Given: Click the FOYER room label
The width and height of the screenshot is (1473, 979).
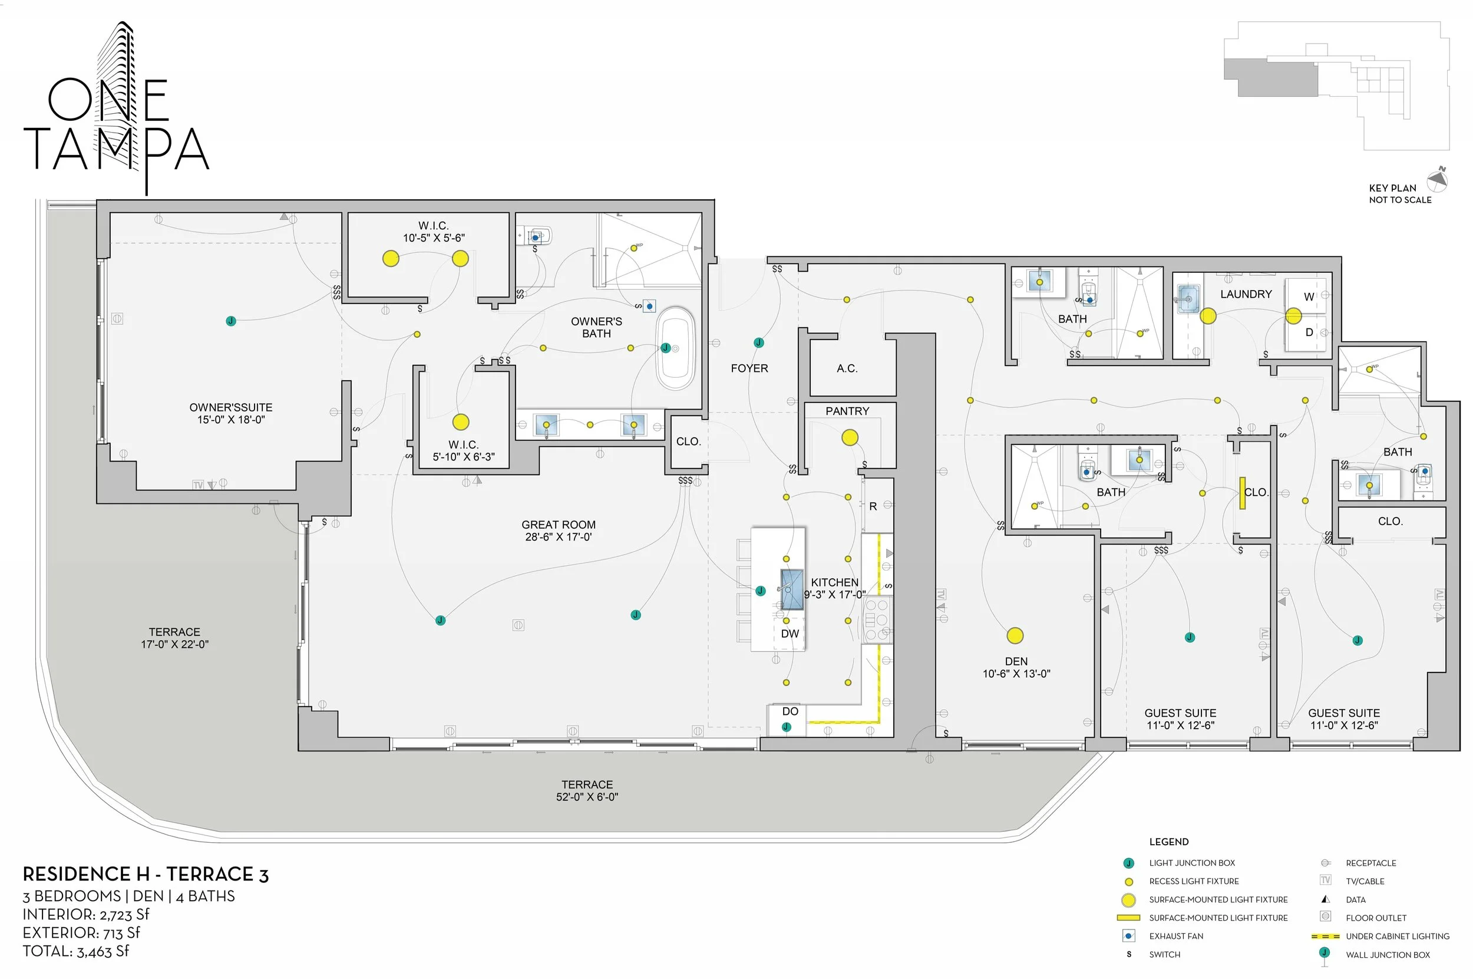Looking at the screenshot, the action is [x=749, y=368].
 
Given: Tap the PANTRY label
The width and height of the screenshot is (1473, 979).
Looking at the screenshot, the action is [x=847, y=411].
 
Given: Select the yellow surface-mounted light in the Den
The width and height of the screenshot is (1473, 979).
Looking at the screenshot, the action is [x=1015, y=635].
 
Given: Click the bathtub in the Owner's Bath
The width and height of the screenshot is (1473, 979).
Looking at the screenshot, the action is [x=675, y=348].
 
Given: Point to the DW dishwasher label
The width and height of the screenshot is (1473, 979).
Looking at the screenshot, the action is [x=790, y=633].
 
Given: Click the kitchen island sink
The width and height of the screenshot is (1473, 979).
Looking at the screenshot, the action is [x=791, y=589].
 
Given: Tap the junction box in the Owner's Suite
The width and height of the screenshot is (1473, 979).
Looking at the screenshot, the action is [x=231, y=321].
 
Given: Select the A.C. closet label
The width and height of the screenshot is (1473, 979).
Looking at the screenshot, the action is [x=847, y=368].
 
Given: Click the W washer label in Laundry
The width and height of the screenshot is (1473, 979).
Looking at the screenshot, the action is [x=1309, y=296].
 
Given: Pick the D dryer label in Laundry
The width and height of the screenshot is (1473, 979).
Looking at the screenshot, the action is [x=1309, y=332].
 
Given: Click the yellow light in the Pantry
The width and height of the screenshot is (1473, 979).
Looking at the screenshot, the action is [x=850, y=438].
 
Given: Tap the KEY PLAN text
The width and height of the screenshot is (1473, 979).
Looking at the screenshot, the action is [x=1392, y=188].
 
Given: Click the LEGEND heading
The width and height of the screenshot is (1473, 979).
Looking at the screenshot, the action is [x=1168, y=842].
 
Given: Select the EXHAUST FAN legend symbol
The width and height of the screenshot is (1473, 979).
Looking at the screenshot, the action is [x=1128, y=936].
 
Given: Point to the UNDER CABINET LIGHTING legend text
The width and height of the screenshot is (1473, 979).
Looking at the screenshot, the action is [x=1398, y=936].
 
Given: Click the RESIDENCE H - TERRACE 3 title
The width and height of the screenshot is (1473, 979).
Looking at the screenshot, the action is [x=146, y=874].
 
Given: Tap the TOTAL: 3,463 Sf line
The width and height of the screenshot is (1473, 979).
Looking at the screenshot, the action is [x=75, y=951].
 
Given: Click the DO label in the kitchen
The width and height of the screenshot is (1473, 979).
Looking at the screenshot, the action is [x=790, y=711].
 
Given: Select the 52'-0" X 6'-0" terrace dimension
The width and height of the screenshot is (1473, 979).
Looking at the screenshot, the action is [x=587, y=797].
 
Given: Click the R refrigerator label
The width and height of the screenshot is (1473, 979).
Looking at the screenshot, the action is [x=873, y=506].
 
